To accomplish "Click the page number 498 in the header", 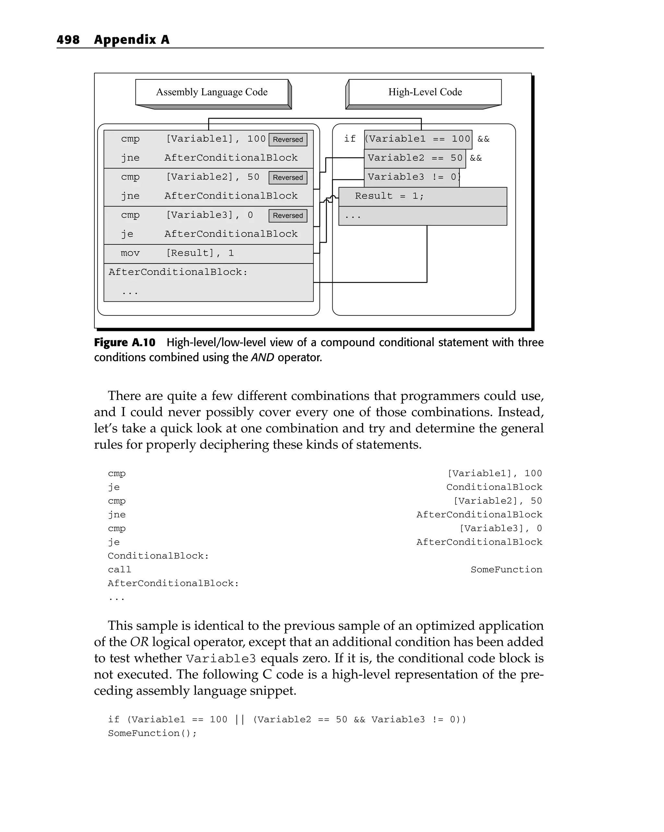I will coord(68,40).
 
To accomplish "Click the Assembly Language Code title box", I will coord(212,92).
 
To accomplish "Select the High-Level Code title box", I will coord(425,92).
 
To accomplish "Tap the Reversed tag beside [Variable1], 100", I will coord(288,139).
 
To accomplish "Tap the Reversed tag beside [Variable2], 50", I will coord(288,178).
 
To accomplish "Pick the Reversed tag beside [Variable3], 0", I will coord(288,215).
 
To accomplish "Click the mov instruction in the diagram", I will coord(130,253).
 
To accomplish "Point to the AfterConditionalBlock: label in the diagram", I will coord(178,272).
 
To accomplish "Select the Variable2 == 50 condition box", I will coord(415,158).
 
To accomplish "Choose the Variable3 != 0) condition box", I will coord(411,177).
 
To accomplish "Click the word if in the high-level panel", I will coord(350,139).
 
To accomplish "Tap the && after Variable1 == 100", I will coord(483,139).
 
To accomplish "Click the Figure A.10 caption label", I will coord(124,343).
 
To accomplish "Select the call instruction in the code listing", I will coord(119,569).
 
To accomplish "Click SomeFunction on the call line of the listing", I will coord(506,569).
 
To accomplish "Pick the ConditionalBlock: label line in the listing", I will coord(158,556).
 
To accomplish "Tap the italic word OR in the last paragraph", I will coord(139,642).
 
